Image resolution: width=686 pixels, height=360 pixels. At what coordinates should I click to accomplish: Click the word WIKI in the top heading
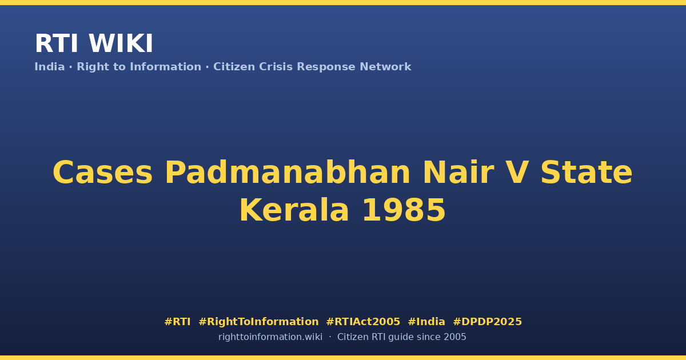(x=121, y=43)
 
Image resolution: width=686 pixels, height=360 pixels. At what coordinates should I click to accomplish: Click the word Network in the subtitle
(x=385, y=67)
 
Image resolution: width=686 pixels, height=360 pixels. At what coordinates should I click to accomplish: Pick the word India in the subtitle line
(x=50, y=67)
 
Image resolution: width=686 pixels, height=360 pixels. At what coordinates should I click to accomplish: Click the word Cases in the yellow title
(x=102, y=173)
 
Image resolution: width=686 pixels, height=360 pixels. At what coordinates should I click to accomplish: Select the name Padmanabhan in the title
(x=287, y=172)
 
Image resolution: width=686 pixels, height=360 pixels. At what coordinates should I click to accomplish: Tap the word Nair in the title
(x=458, y=172)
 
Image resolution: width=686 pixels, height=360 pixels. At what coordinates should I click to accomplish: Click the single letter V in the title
(x=517, y=173)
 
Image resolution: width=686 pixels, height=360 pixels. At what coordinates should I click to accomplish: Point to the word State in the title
(x=587, y=173)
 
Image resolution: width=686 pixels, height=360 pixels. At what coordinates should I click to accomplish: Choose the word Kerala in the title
(x=294, y=210)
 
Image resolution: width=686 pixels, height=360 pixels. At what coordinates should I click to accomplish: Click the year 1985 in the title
(x=404, y=210)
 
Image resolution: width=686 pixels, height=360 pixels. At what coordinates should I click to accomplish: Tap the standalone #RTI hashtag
(x=177, y=322)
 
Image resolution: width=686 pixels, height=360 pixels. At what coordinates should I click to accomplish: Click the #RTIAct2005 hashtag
(x=363, y=322)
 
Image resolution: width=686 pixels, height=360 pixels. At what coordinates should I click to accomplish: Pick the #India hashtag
(x=426, y=322)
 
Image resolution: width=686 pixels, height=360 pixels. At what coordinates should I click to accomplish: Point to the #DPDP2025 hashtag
(x=487, y=322)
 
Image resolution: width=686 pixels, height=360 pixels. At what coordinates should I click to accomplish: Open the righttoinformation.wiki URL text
(x=270, y=337)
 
